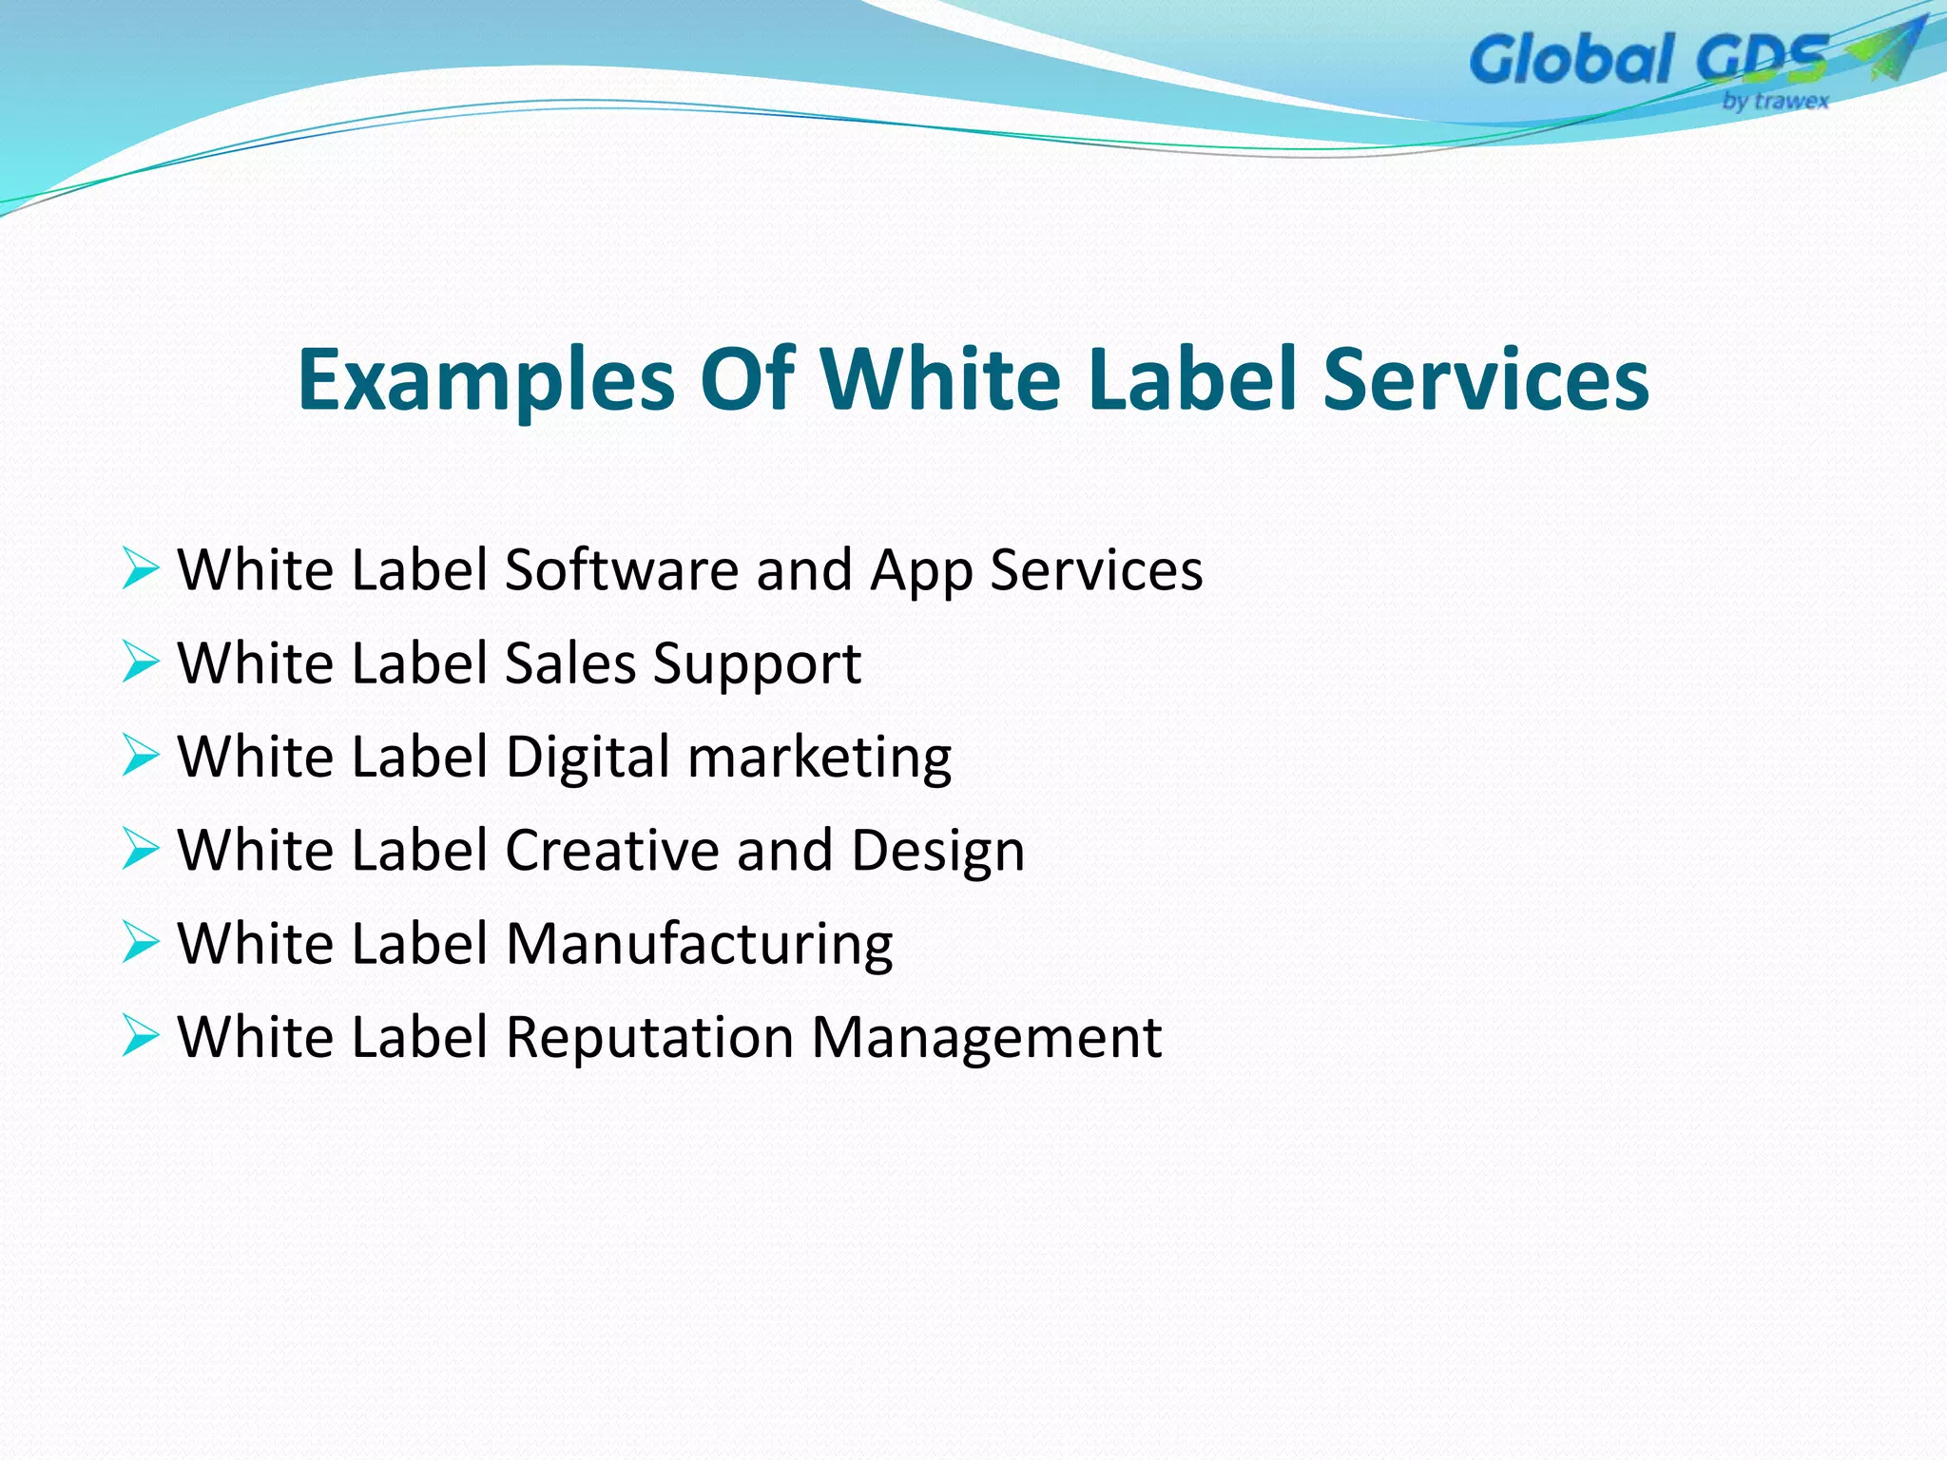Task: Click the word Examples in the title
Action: click(486, 380)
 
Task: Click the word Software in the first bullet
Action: click(621, 570)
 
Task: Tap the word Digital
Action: click(588, 759)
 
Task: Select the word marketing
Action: click(819, 759)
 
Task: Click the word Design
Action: click(937, 852)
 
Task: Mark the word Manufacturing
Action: click(699, 944)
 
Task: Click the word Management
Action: click(986, 1037)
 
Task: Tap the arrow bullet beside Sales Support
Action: click(141, 662)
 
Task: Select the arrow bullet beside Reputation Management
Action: click(141, 1035)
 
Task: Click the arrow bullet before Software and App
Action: click(141, 568)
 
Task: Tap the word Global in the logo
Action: click(1571, 59)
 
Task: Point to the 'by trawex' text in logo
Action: click(1775, 101)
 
